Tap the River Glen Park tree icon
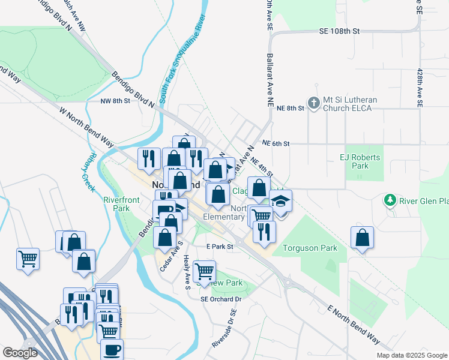pos(390,199)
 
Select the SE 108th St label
pos(339,30)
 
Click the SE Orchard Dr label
pos(221,299)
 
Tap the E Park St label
pos(218,247)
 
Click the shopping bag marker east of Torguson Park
pos(362,237)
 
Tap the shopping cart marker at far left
pos(28,259)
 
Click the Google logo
pos(20,353)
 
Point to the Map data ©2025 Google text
pos(411,355)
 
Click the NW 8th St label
pos(115,101)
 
